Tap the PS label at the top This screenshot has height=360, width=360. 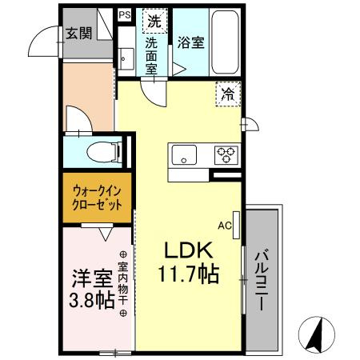click(125, 14)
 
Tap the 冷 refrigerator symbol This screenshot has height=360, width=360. click(229, 94)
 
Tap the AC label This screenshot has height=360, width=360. click(225, 226)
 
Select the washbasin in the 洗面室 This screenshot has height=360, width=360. click(125, 58)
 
